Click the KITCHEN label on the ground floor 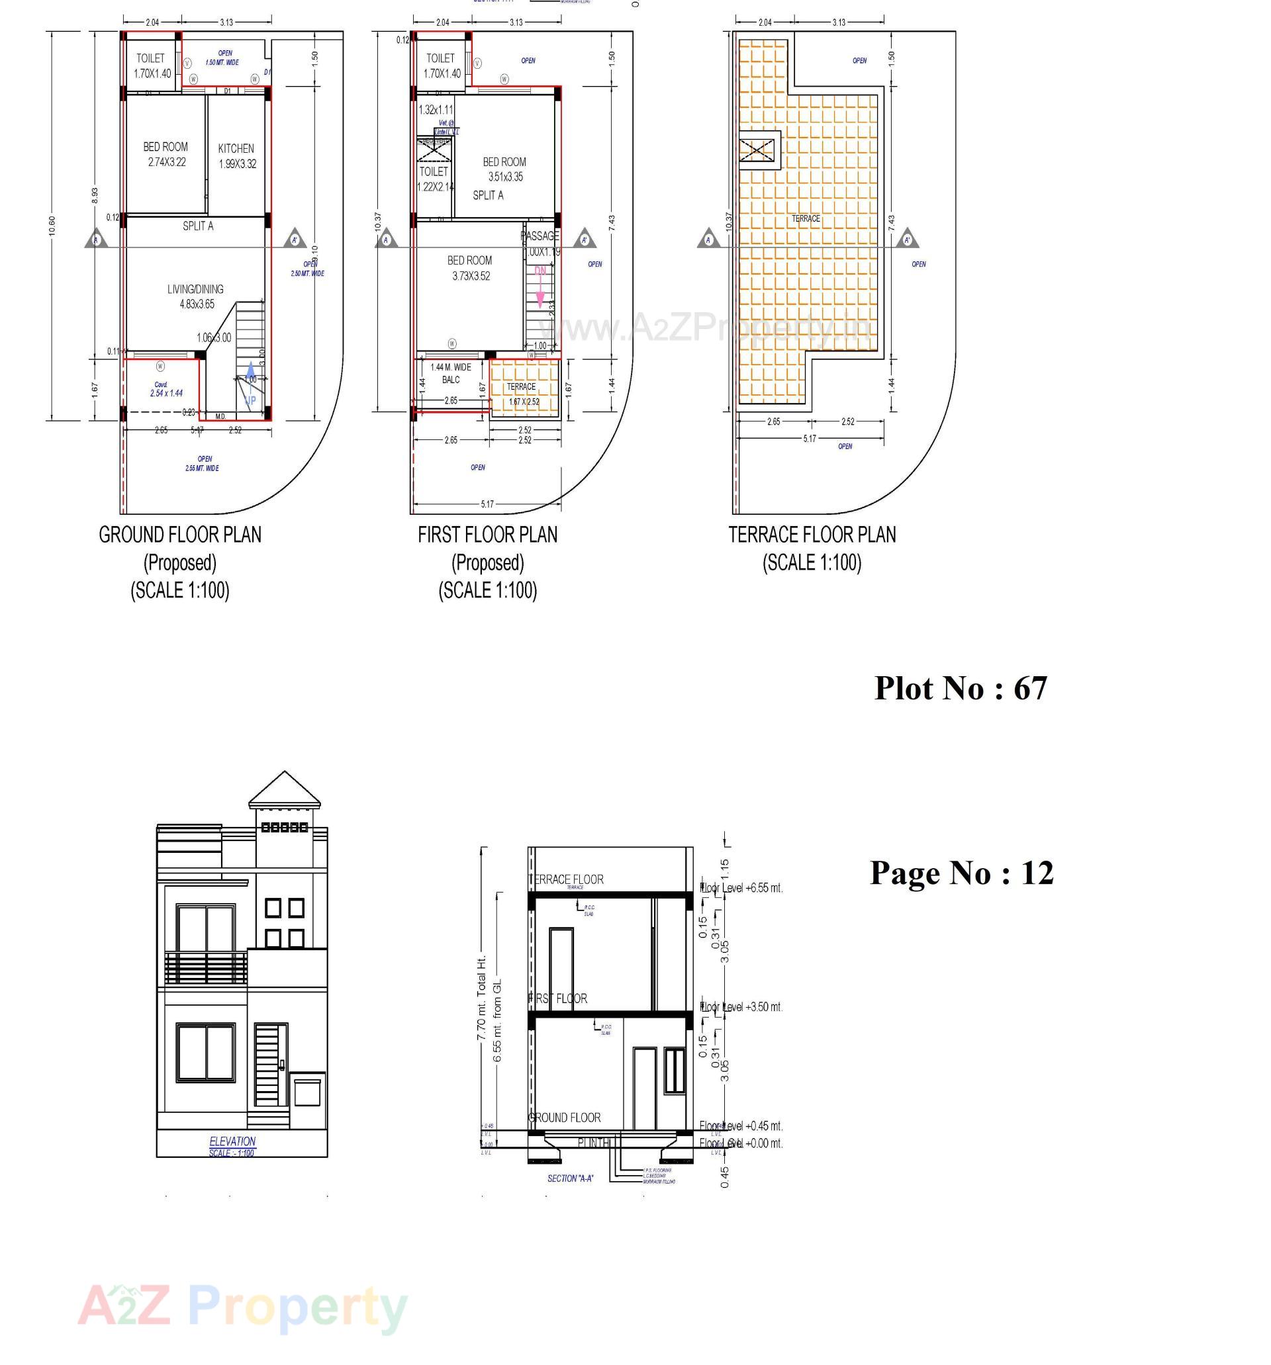236,148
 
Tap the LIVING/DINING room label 195,289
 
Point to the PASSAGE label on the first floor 540,236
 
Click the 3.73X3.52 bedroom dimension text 471,276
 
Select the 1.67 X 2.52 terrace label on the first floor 524,402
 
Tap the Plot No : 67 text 960,688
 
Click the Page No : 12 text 961,872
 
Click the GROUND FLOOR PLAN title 180,534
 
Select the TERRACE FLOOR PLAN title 812,534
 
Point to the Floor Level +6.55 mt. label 741,888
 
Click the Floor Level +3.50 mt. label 741,1006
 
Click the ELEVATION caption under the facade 232,1141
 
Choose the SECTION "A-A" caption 569,1178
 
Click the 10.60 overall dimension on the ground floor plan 52,225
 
